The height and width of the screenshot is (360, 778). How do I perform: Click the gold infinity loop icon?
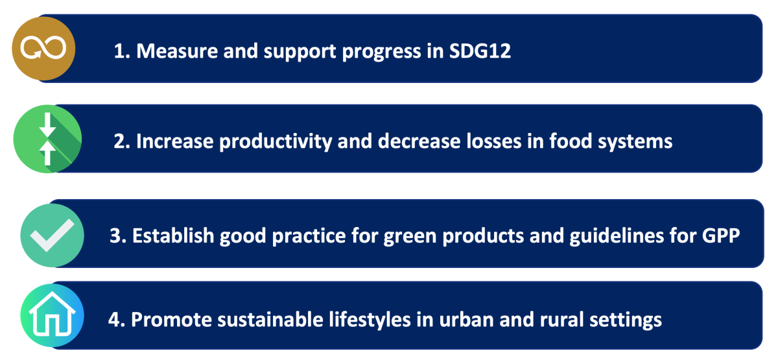coord(43,48)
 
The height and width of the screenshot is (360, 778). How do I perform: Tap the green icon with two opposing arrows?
coord(47,139)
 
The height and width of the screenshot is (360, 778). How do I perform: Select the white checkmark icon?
coord(52,235)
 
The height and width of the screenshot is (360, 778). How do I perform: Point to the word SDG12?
coord(480,51)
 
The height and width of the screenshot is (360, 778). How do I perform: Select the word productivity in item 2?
coord(275,142)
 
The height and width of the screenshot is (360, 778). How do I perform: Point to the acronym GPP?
coord(721,235)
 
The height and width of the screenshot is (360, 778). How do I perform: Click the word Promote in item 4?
coord(171,320)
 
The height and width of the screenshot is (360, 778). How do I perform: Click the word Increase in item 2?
coord(174,141)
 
